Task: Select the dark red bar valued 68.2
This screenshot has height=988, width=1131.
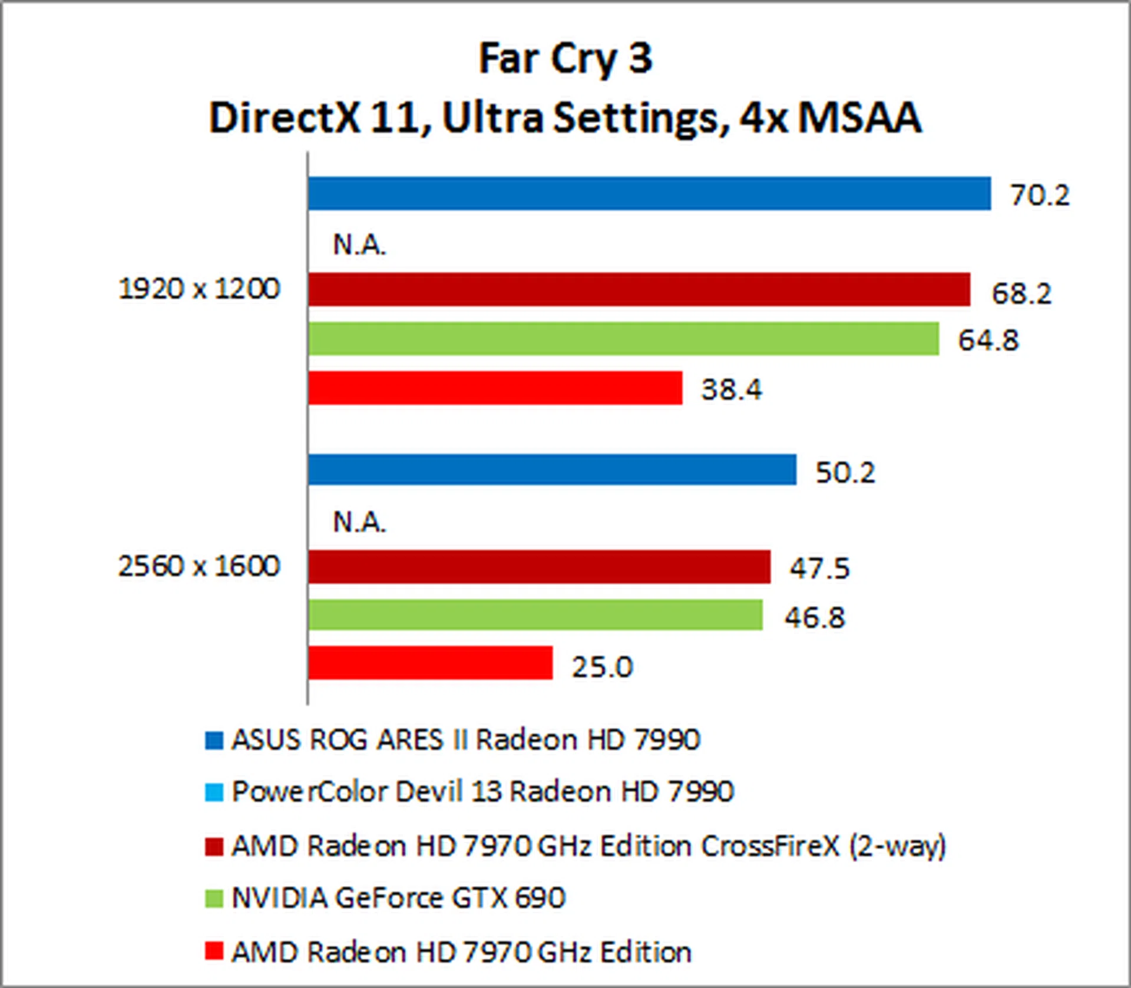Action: pyautogui.click(x=639, y=289)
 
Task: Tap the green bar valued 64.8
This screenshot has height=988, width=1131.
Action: pyautogui.click(x=623, y=339)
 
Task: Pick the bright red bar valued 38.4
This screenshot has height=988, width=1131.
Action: pyautogui.click(x=495, y=388)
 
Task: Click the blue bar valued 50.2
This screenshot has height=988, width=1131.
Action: pyautogui.click(x=552, y=470)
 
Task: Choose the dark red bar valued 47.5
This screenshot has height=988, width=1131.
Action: pyautogui.click(x=539, y=567)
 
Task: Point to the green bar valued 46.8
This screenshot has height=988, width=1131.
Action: pyautogui.click(x=535, y=615)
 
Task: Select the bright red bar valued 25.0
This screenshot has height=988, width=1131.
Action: pyautogui.click(x=430, y=663)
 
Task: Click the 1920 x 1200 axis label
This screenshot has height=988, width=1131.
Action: pyautogui.click(x=199, y=289)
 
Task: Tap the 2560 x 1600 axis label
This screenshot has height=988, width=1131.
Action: pyautogui.click(x=199, y=566)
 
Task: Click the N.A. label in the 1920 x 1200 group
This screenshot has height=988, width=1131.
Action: pyautogui.click(x=359, y=244)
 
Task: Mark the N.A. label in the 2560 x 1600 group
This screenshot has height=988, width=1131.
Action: pyautogui.click(x=359, y=522)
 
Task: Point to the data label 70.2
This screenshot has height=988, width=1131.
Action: pyautogui.click(x=1040, y=195)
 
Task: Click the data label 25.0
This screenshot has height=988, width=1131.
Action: pyautogui.click(x=602, y=667)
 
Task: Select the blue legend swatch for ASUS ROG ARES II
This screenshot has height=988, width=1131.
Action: pyautogui.click(x=214, y=741)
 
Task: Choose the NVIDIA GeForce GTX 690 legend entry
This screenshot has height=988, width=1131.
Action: pyautogui.click(x=398, y=898)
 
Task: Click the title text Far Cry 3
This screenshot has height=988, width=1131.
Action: pyautogui.click(x=565, y=59)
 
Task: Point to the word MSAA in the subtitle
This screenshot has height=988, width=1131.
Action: pyautogui.click(x=859, y=117)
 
